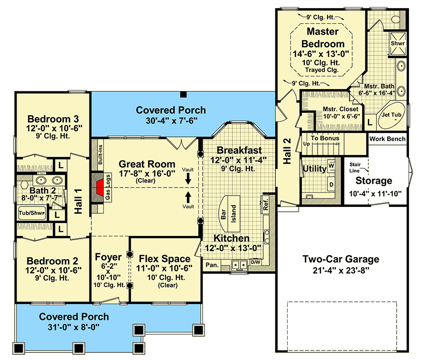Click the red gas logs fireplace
[x=100, y=188]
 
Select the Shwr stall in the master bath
[x=398, y=44]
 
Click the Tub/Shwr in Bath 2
[x=32, y=213]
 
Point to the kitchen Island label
[x=233, y=214]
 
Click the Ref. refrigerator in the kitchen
[x=265, y=204]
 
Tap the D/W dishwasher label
[x=256, y=262]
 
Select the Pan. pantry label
[x=212, y=265]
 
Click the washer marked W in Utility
[x=331, y=166]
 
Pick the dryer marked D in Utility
[x=331, y=185]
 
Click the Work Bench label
[x=387, y=139]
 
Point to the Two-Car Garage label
[x=341, y=259]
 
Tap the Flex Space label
[x=165, y=259]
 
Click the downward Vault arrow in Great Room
[x=188, y=179]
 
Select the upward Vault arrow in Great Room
[x=188, y=197]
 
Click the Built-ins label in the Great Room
[x=100, y=154]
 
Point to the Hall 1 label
[x=78, y=201]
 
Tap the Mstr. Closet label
[x=340, y=109]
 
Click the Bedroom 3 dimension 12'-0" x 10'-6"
[x=54, y=128]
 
